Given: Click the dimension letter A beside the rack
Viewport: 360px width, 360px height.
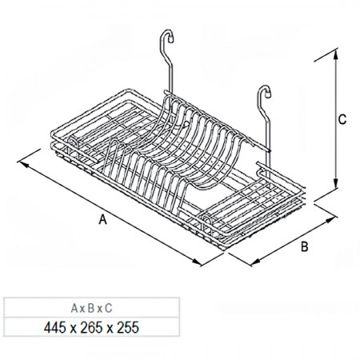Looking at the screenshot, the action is (102, 220).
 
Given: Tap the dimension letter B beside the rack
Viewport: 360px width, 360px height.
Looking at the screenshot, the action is (305, 246).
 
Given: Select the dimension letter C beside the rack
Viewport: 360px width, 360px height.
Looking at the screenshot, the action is (342, 119).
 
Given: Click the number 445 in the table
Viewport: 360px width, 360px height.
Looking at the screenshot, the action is (55, 327).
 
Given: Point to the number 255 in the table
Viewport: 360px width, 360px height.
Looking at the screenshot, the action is (128, 327).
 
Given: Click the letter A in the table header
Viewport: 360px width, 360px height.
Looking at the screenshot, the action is (74, 308).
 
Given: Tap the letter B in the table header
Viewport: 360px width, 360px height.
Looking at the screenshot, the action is (91, 308).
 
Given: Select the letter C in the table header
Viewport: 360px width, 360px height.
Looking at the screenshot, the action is (108, 308).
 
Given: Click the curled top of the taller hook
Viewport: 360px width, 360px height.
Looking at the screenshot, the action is (166, 36).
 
